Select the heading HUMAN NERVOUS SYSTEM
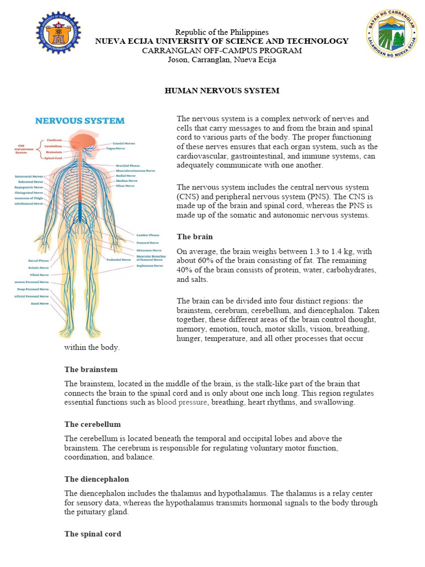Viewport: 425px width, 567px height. click(x=222, y=90)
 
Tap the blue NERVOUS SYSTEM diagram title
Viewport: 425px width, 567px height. click(x=80, y=121)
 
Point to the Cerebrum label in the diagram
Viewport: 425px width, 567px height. click(x=54, y=140)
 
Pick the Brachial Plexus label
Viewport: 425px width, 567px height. click(x=128, y=165)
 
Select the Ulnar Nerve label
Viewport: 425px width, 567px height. click(x=125, y=185)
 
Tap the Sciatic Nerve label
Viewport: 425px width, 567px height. click(x=38, y=267)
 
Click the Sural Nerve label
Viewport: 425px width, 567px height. click(x=40, y=303)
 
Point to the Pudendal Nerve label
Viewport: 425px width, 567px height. click(x=118, y=259)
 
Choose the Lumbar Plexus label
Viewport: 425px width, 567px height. click(x=148, y=235)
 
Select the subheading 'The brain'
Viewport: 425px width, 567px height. click(x=194, y=236)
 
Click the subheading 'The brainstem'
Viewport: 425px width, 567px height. click(x=91, y=369)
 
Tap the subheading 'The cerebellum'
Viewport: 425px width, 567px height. click(x=92, y=424)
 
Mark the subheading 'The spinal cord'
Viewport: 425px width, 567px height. click(x=92, y=534)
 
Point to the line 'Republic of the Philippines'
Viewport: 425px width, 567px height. click(x=222, y=32)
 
